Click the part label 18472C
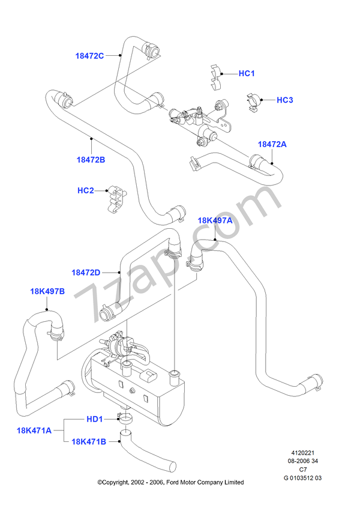[x=90, y=55]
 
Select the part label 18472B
[x=91, y=159]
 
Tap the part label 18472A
[x=272, y=144]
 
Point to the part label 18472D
[x=86, y=272]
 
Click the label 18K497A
[x=215, y=220]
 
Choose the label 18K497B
[x=47, y=292]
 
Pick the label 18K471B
[x=89, y=441]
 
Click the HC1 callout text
[x=247, y=73]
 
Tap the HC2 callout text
[x=86, y=190]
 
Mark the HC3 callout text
[x=284, y=100]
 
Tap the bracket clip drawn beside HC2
[x=116, y=198]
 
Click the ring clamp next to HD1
[x=125, y=418]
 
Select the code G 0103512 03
[x=303, y=478]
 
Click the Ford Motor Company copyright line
[x=170, y=482]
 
